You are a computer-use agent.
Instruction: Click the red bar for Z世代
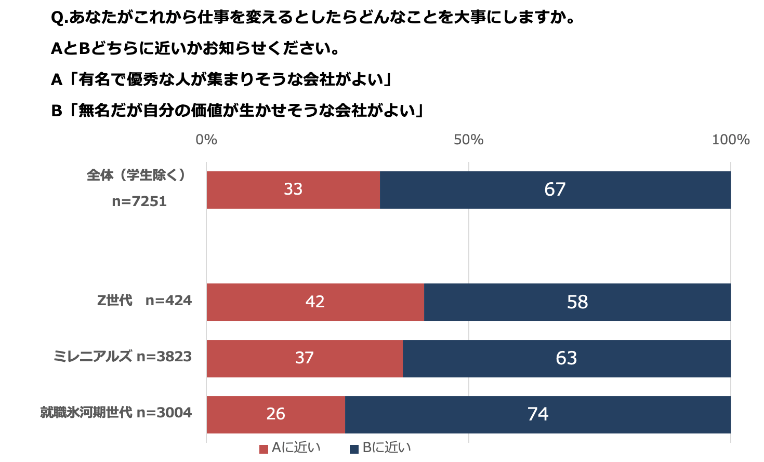(260, 302)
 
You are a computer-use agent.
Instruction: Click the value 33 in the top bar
(293, 189)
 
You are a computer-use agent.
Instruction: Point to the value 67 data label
(555, 189)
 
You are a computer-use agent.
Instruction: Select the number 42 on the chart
(315, 302)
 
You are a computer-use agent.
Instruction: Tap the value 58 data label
(577, 302)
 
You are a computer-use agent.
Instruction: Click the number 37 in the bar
(304, 358)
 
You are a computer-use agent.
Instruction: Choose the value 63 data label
(566, 358)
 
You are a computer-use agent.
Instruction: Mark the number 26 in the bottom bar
(275, 414)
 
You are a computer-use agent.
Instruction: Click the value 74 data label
(537, 414)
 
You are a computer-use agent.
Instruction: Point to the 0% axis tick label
(206, 140)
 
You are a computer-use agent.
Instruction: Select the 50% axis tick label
(468, 140)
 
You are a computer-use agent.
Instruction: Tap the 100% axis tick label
(730, 140)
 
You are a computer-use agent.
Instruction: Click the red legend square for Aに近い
(264, 449)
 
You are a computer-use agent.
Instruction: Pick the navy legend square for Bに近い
(354, 449)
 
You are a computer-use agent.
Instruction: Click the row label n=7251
(139, 201)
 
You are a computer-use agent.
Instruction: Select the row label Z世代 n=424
(144, 301)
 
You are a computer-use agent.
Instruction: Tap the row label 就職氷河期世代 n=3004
(116, 413)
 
